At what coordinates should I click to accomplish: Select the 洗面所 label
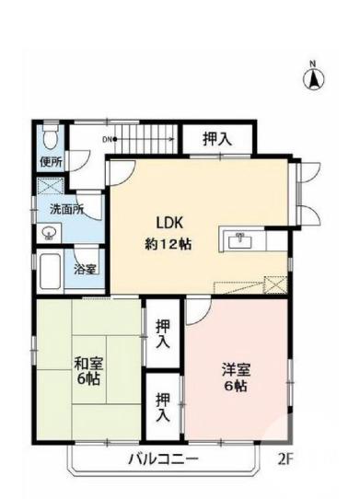pos(66,209)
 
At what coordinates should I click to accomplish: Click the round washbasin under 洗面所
pos(48,234)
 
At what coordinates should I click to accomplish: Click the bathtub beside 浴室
pos(52,273)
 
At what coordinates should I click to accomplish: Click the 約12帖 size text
pos(167,244)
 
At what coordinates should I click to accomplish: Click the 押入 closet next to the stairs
pos(217,139)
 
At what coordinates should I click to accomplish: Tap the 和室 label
pos(88,362)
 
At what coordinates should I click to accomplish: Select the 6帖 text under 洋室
pos(236,387)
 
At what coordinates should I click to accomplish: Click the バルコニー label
pos(162,458)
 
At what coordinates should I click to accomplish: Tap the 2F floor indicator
pos(286,457)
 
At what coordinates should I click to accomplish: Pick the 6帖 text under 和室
pos(88,379)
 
